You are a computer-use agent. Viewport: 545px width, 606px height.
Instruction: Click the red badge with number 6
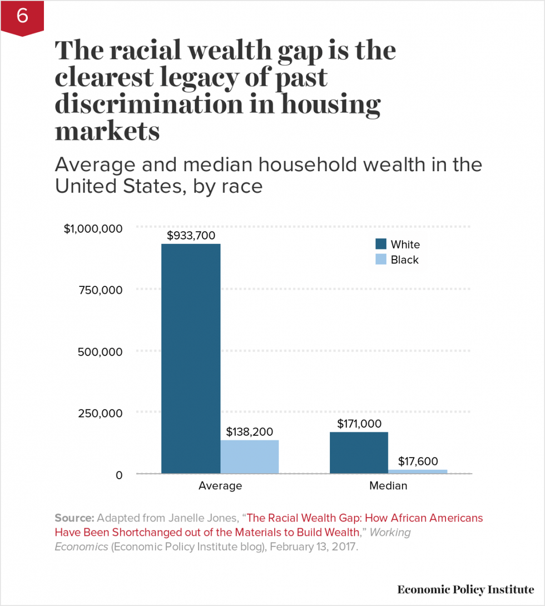22,17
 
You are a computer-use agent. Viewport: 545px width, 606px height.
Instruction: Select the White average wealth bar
191,359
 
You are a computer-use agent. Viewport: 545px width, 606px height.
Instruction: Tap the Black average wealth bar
250,456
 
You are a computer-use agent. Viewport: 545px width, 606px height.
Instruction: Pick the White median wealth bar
359,453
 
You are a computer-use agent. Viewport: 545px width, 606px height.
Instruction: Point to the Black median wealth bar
418,471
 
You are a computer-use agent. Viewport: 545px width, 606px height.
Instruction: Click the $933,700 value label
191,236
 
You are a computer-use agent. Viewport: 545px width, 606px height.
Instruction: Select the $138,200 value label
250,432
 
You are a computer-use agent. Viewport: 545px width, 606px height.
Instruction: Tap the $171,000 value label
359,424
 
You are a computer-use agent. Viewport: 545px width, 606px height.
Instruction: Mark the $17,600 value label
418,461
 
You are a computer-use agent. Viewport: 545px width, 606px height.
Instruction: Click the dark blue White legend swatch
381,245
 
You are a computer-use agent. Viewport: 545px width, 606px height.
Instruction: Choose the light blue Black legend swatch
381,260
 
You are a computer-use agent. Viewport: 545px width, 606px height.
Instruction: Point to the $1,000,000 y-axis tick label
93,229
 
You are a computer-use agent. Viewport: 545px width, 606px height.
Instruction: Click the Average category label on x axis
220,486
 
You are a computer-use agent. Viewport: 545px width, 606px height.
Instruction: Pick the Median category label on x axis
388,486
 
